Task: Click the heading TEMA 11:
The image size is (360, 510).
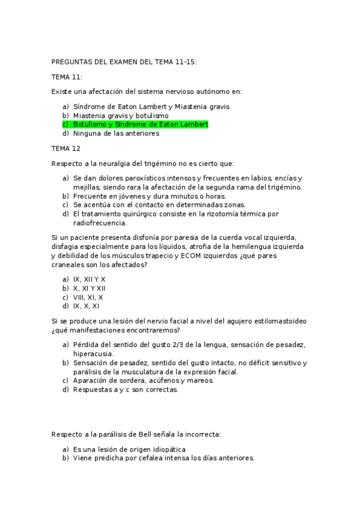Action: point(67,76)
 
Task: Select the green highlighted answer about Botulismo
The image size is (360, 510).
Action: point(140,124)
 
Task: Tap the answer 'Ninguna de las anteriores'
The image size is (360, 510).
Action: point(115,134)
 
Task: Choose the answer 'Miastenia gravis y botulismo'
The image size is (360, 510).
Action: point(120,115)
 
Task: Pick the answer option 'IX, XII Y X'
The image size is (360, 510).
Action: point(89,280)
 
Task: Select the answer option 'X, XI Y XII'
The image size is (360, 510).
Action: point(89,289)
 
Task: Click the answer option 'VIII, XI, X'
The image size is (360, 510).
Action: point(88,298)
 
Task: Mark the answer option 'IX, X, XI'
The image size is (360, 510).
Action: point(86,307)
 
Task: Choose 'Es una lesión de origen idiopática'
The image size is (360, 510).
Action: point(129,449)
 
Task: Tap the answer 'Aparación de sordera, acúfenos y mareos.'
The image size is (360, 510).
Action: point(143,381)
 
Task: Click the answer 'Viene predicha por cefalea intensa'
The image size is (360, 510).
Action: point(163,458)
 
